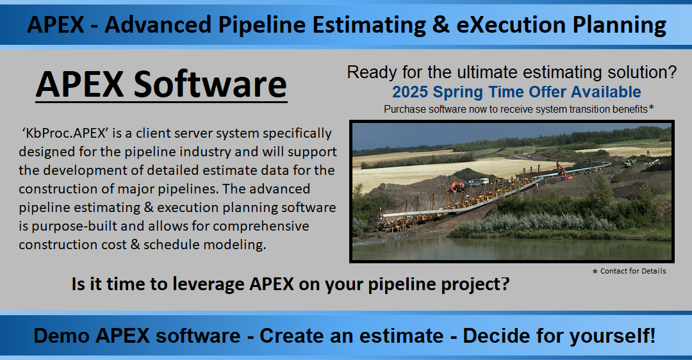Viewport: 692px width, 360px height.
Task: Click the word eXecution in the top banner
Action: pos(511,25)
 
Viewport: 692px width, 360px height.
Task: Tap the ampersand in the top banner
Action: pos(441,25)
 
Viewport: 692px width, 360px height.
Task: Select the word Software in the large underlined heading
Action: pos(210,84)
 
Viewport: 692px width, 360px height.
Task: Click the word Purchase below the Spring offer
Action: pos(402,109)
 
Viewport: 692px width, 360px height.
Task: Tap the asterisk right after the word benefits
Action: pos(651,107)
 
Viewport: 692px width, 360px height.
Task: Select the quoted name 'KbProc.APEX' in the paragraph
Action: pos(65,133)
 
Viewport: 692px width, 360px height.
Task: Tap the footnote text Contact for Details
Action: pos(633,271)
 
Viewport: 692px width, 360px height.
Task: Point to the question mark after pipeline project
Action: pos(506,283)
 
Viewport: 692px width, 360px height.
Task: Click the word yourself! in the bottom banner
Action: pos(613,336)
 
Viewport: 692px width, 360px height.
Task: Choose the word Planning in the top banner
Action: pos(620,26)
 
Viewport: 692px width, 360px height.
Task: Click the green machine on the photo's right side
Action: pos(628,163)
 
